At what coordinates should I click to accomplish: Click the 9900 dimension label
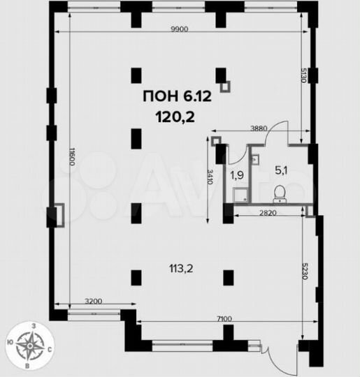pos(180,29)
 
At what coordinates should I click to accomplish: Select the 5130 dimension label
pos(304,75)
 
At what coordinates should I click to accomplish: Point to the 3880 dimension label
pos(259,128)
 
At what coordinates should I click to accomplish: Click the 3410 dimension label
pos(210,177)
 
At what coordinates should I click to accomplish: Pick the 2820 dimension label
pos(268,213)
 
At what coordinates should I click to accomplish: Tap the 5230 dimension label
pos(305,271)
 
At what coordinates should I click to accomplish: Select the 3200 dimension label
pos(94,301)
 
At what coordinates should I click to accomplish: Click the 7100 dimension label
pos(224,319)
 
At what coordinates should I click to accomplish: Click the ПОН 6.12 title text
pos(178,96)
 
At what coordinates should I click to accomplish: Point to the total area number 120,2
pos(175,117)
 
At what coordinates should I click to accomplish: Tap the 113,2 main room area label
pos(181,269)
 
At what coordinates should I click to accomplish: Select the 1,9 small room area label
pos(237,176)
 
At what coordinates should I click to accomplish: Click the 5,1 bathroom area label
pos(281,171)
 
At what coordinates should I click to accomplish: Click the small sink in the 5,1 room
pos(255,158)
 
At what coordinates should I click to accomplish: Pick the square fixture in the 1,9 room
pos(240,195)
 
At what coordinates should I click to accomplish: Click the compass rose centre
pos(30,346)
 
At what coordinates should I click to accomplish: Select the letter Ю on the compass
pos(10,342)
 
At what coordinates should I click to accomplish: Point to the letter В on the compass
pos(27,367)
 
